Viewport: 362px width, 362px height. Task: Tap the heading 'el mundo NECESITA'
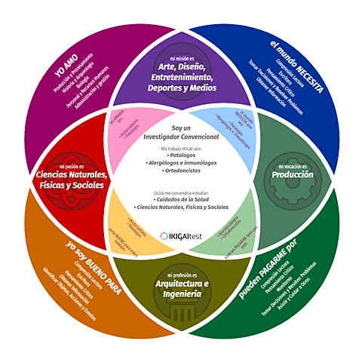pyautogui.click(x=296, y=66)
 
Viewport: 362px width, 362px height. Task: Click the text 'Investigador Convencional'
pyautogui.click(x=181, y=137)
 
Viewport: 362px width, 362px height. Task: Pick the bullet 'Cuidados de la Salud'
pyautogui.click(x=181, y=199)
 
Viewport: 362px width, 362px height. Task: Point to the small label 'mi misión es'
pyautogui.click(x=181, y=57)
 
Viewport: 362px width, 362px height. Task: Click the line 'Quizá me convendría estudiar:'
pyautogui.click(x=181, y=192)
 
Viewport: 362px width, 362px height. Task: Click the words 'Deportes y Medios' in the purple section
pyautogui.click(x=181, y=87)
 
